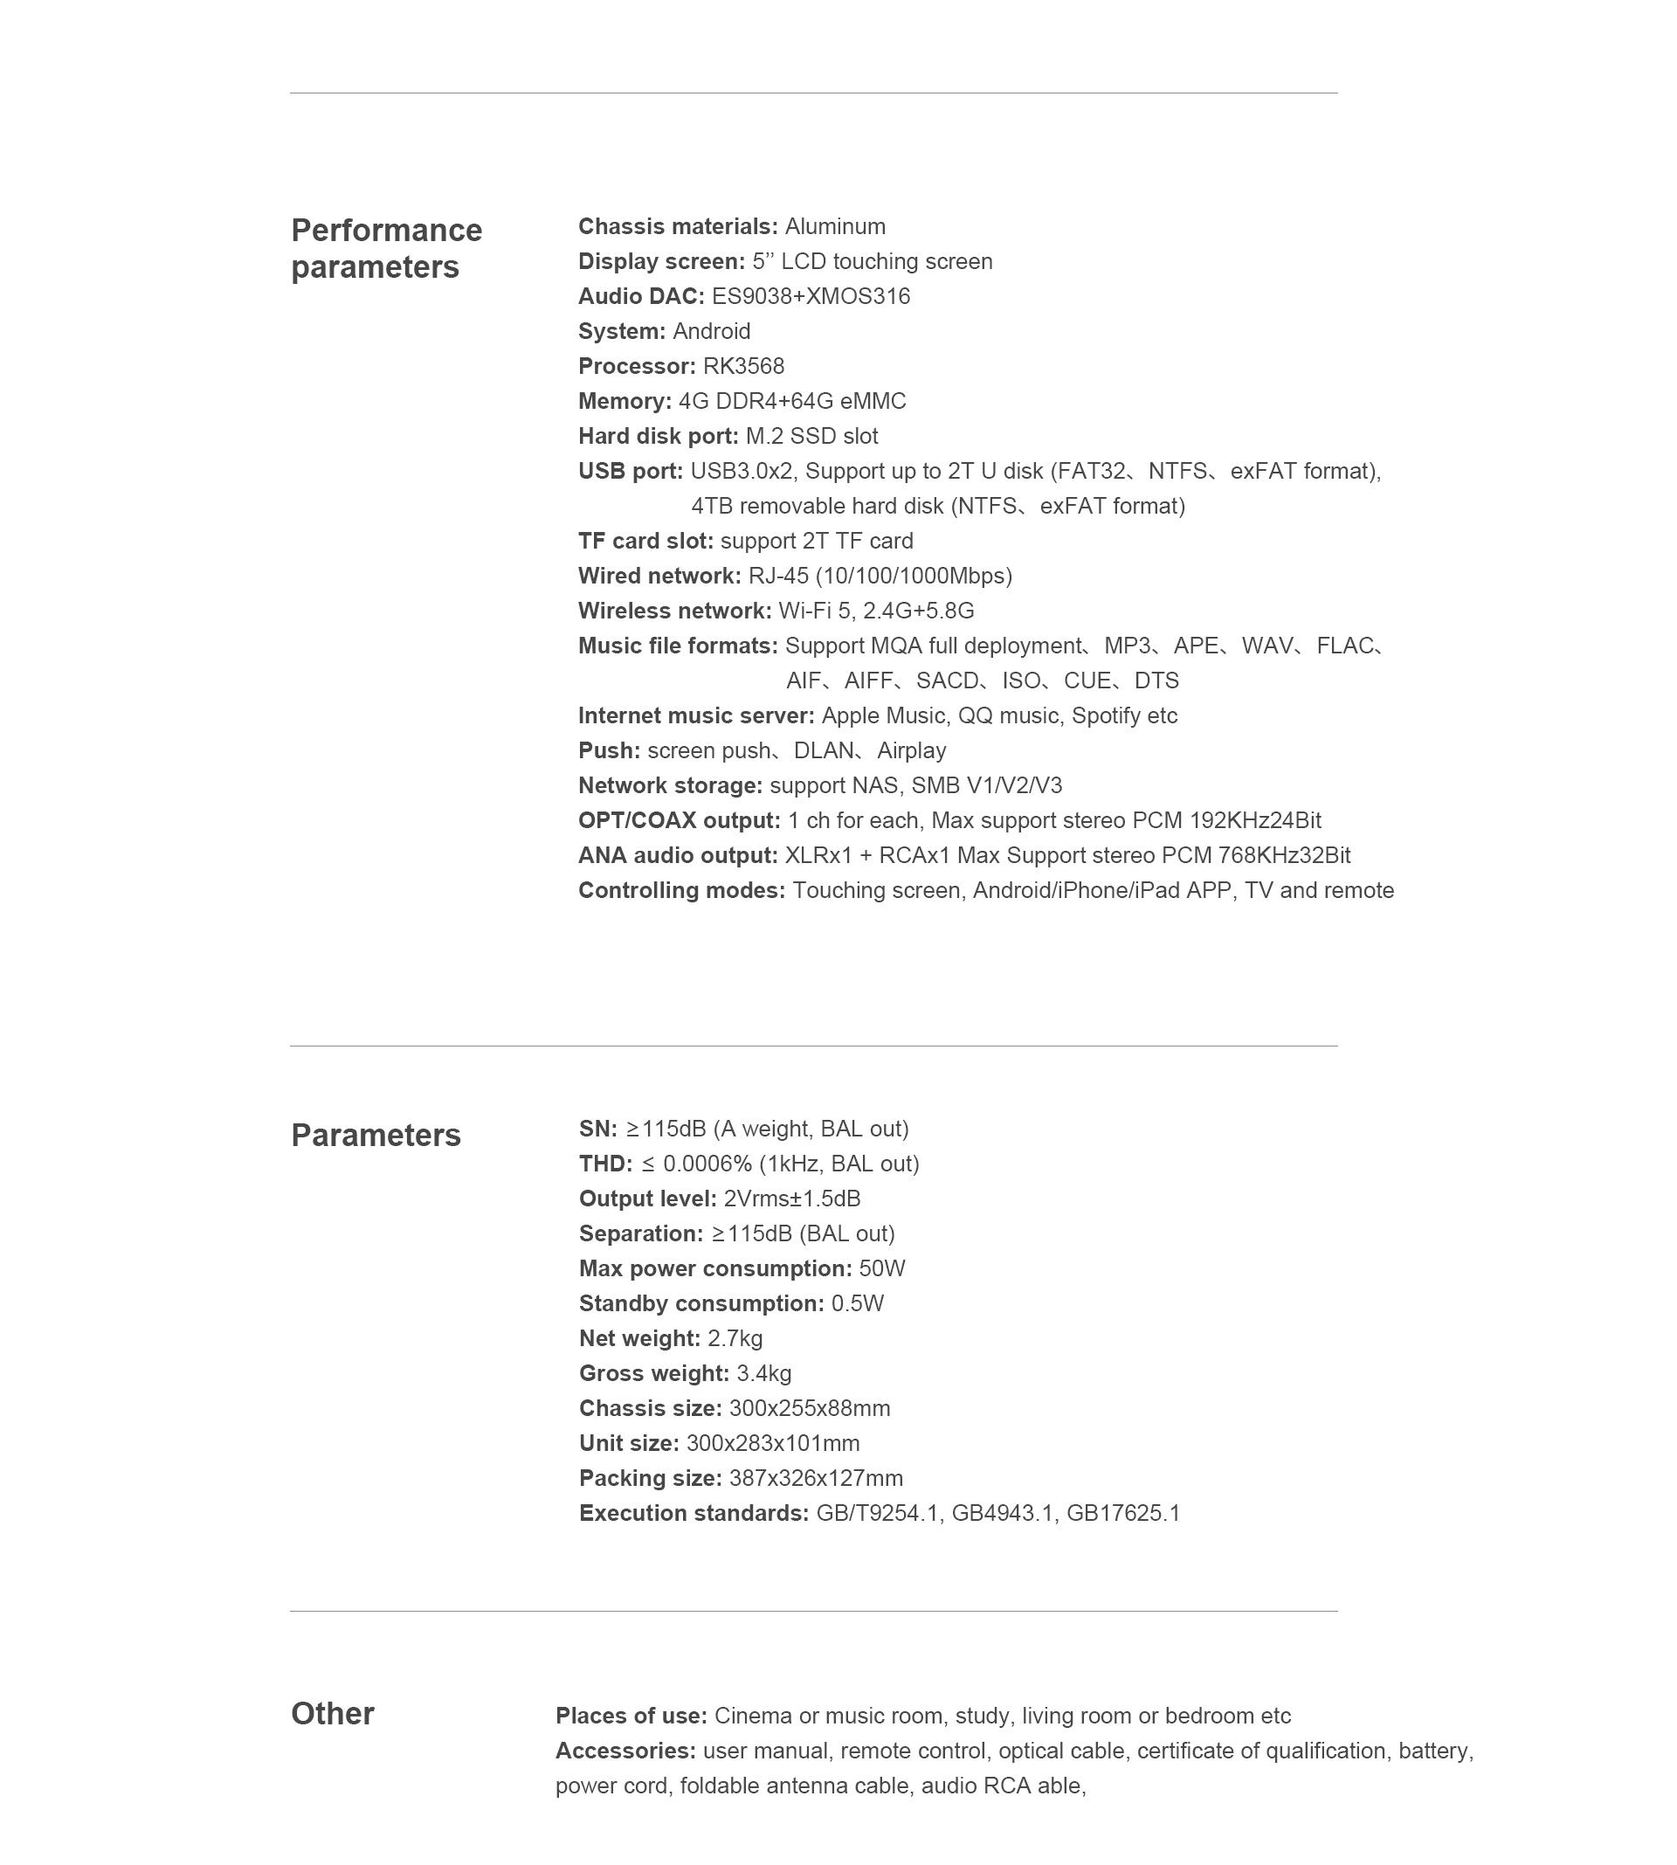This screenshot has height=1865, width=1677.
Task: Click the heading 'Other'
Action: [332, 1713]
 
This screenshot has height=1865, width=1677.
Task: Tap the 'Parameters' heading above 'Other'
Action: [375, 1135]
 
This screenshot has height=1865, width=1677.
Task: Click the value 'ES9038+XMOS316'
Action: [810, 296]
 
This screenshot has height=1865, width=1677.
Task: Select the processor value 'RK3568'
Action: [742, 366]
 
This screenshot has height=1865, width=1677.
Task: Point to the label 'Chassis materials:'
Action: [677, 225]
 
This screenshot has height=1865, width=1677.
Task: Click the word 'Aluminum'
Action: [835, 225]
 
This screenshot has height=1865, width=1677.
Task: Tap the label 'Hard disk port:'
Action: [658, 436]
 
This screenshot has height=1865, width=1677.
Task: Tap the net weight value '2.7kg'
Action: [735, 1338]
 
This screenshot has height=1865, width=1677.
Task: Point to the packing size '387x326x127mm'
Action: [816, 1478]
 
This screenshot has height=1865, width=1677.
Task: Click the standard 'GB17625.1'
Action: [1122, 1513]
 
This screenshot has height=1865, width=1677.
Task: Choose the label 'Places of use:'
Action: [631, 1715]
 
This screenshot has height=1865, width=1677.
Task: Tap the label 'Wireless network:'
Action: [674, 610]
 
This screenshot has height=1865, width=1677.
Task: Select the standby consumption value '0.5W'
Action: [857, 1303]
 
